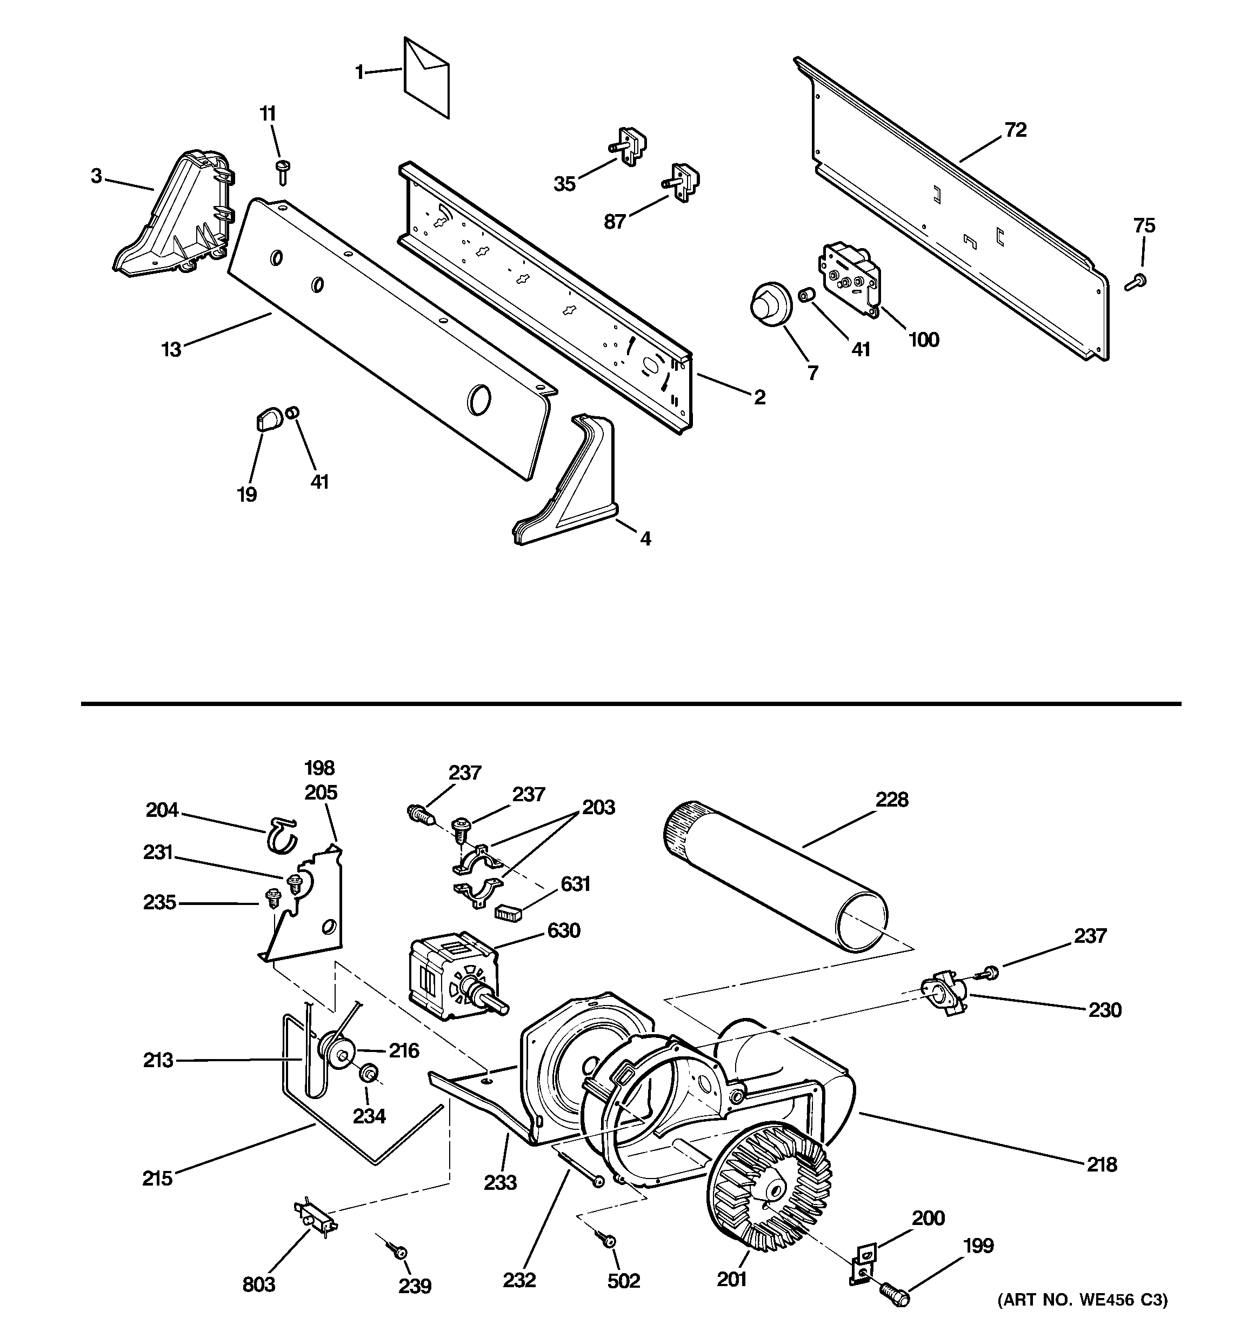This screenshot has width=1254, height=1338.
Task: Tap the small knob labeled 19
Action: (x=267, y=421)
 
